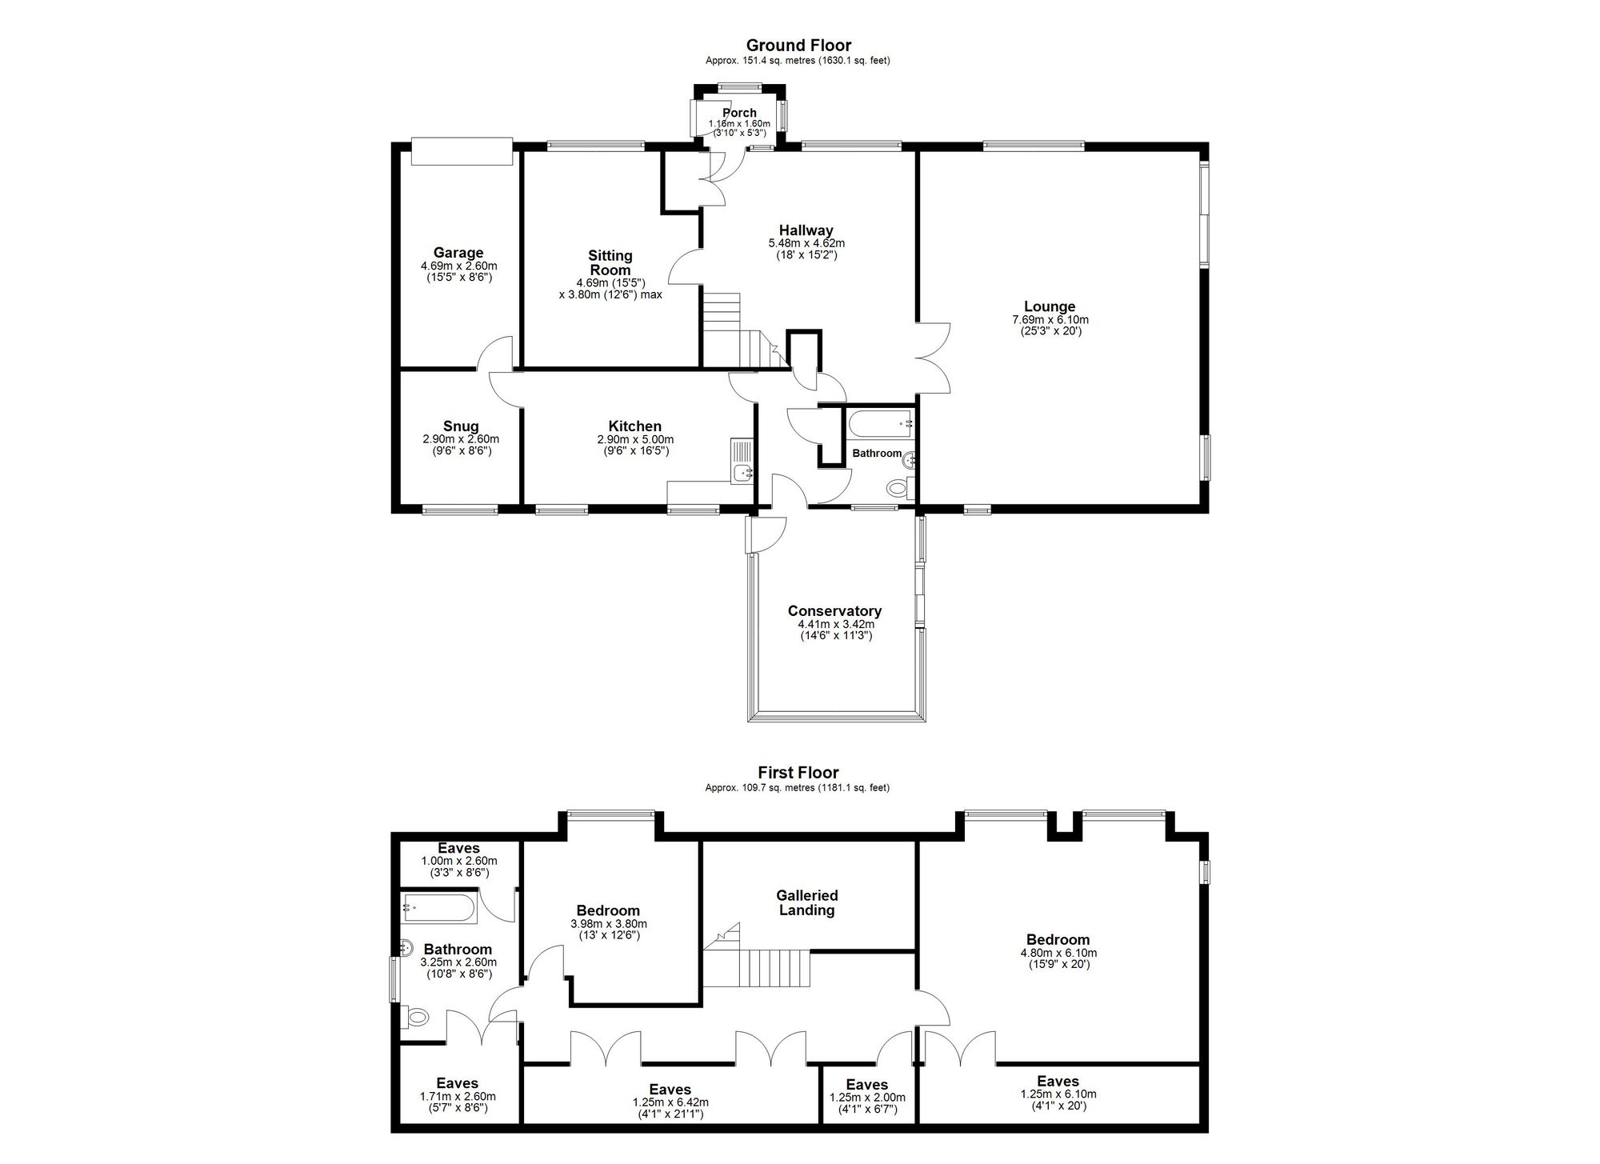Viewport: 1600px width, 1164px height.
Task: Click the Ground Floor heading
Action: pos(798,46)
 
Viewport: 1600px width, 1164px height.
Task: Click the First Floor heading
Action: pos(798,773)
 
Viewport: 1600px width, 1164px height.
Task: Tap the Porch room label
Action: pos(739,113)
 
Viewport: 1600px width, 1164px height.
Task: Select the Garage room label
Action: pos(458,253)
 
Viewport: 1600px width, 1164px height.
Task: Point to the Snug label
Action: pos(461,426)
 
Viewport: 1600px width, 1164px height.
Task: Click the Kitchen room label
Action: pos(635,426)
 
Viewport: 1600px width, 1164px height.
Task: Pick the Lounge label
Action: pos(1050,306)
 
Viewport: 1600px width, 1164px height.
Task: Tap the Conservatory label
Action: pos(834,611)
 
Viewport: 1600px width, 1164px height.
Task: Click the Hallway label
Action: pos(806,230)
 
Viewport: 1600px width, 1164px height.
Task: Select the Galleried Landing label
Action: pos(807,903)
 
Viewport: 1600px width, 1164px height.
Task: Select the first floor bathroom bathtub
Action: pos(439,909)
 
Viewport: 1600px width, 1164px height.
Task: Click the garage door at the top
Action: pos(461,150)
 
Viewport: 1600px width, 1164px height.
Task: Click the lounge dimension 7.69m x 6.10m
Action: pos(1050,320)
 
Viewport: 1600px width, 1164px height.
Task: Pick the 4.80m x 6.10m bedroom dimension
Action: pos(1058,953)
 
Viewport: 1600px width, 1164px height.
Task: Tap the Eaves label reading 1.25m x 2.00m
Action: pos(867,1098)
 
